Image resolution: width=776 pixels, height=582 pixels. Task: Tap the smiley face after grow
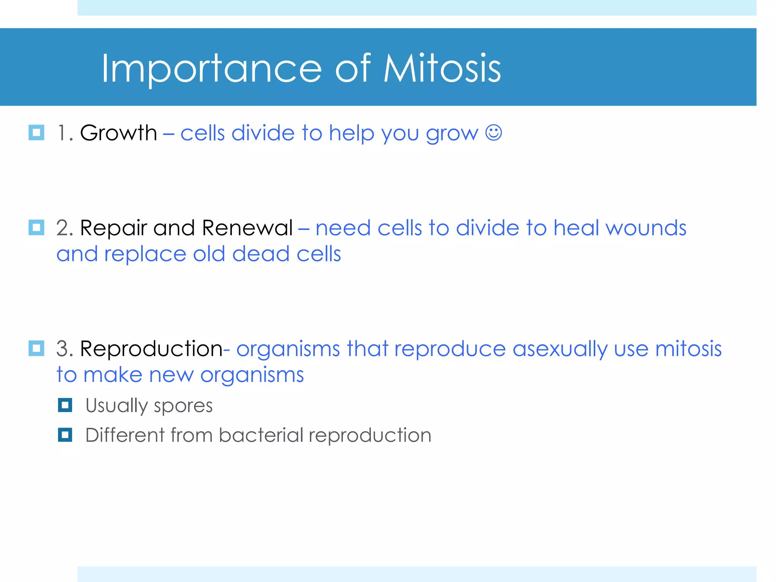pos(493,133)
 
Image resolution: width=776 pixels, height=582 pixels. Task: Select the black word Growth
pos(118,133)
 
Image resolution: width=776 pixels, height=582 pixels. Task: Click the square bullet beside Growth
pos(36,133)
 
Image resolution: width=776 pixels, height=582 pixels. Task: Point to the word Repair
pos(113,228)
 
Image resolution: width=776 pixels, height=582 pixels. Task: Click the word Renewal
pos(247,228)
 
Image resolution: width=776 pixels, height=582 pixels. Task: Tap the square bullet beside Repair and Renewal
pos(36,228)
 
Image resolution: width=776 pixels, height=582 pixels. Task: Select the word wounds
pos(646,228)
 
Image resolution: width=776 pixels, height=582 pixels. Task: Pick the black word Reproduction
pos(151,349)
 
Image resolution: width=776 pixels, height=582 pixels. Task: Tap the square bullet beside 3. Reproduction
pos(36,348)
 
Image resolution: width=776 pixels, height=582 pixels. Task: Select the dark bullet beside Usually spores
pos(65,405)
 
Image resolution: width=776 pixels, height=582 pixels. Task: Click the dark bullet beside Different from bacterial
pos(65,435)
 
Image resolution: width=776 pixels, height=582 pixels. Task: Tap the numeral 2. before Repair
pos(64,228)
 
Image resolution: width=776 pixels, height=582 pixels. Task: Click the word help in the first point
pos(351,133)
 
